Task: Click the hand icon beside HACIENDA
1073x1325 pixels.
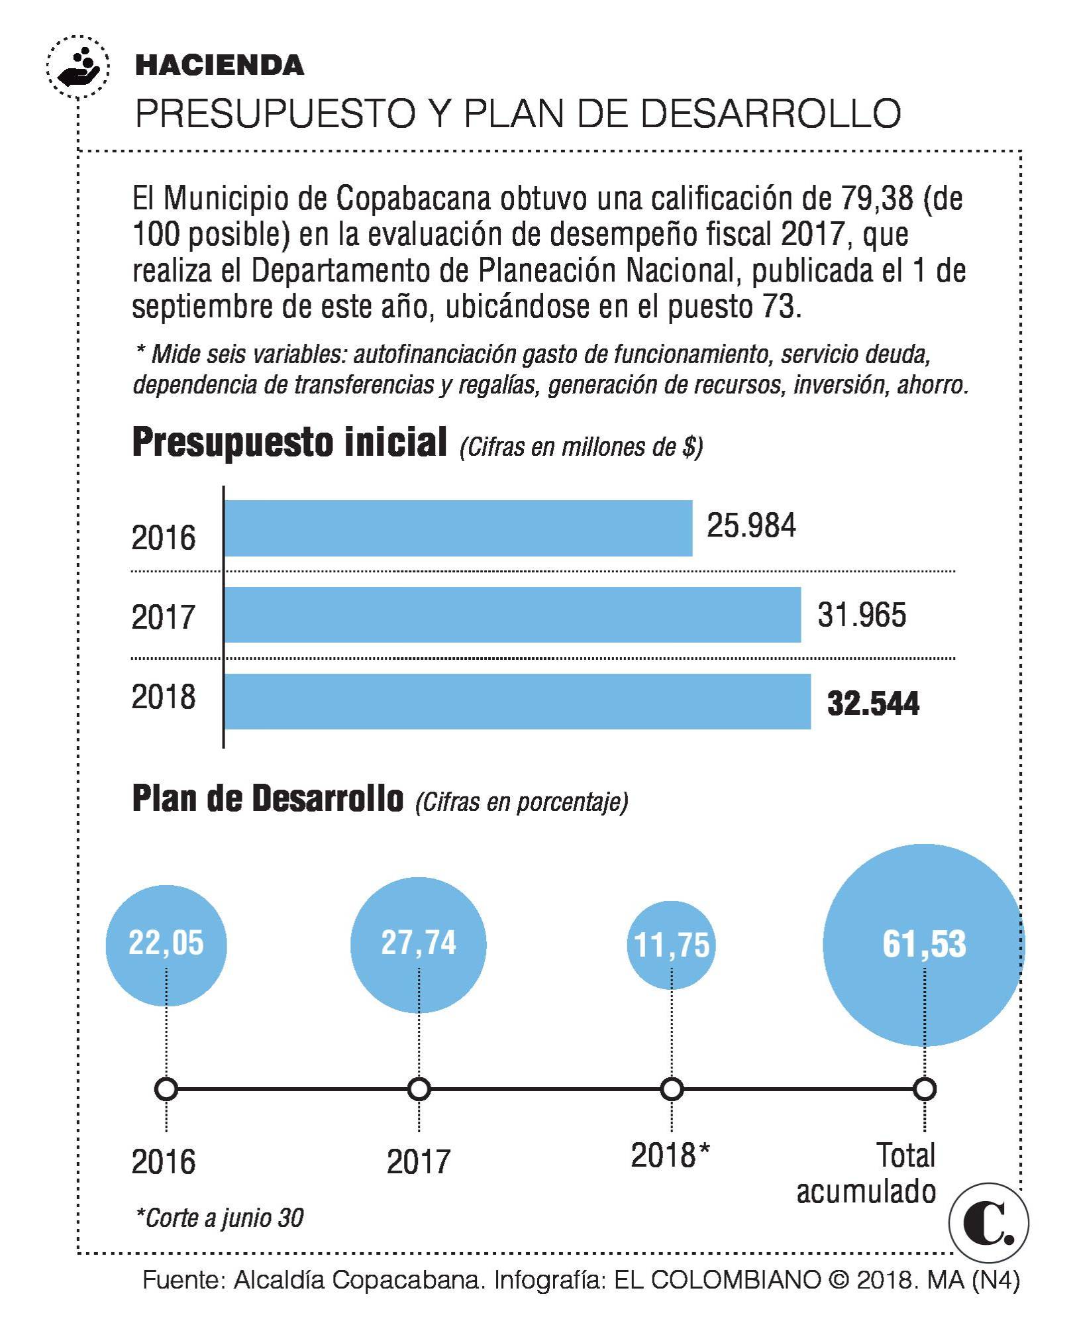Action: point(78,67)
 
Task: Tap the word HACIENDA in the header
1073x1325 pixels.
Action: point(219,65)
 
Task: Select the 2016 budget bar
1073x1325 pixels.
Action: point(458,528)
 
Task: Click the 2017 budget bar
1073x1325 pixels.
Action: point(513,615)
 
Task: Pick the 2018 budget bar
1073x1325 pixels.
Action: point(517,702)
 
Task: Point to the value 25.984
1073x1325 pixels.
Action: point(751,525)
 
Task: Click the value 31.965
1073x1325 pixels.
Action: point(861,615)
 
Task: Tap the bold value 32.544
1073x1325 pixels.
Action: point(873,703)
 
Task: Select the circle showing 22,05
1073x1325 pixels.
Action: point(166,945)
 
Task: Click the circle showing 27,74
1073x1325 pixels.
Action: point(419,945)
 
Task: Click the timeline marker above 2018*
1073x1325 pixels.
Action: point(672,1089)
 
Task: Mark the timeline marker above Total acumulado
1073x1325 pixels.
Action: point(924,1089)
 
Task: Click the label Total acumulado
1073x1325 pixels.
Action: point(868,1173)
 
